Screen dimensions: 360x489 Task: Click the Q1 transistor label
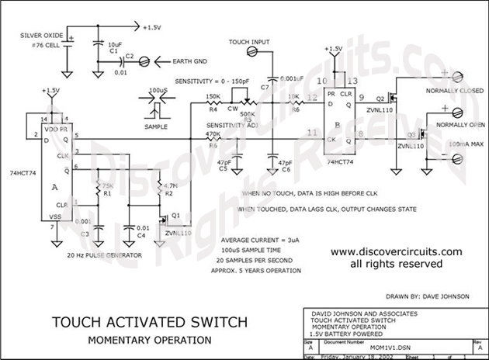point(177,215)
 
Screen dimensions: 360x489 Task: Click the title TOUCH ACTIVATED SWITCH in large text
point(150,322)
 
